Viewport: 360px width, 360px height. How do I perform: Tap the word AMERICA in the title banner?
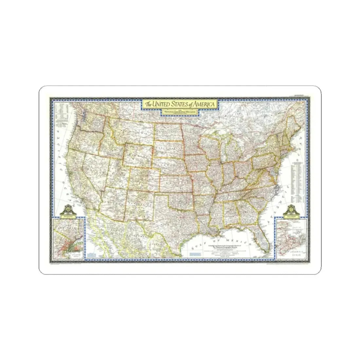point(203,104)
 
